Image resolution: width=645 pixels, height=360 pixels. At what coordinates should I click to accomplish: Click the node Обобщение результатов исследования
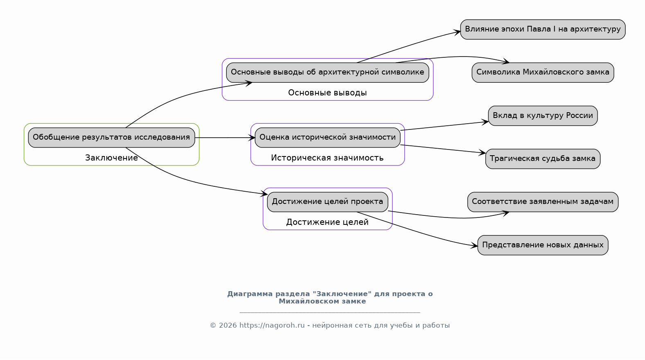(111, 138)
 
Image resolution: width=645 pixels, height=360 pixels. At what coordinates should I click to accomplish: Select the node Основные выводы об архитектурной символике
(327, 72)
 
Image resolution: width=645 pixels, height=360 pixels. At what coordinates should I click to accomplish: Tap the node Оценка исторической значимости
(327, 138)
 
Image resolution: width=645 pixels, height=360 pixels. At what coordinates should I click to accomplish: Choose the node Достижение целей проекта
(327, 202)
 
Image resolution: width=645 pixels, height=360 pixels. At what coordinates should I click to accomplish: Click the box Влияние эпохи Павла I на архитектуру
(543, 29)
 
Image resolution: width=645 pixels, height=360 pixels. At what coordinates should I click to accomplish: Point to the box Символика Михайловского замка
(543, 72)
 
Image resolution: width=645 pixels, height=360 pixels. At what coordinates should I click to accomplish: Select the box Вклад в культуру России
(543, 116)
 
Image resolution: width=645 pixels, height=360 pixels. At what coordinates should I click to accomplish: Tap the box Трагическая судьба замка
(543, 159)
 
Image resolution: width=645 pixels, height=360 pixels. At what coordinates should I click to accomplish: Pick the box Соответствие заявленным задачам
(543, 202)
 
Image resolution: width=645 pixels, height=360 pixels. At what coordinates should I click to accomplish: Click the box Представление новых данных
(543, 245)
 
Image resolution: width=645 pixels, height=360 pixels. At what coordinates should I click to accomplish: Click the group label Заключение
(111, 158)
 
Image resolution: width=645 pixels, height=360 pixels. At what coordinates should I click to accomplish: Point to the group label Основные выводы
(327, 93)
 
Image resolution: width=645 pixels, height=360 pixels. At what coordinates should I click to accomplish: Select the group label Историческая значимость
(327, 158)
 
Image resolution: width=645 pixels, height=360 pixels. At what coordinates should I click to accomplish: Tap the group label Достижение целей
(327, 222)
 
